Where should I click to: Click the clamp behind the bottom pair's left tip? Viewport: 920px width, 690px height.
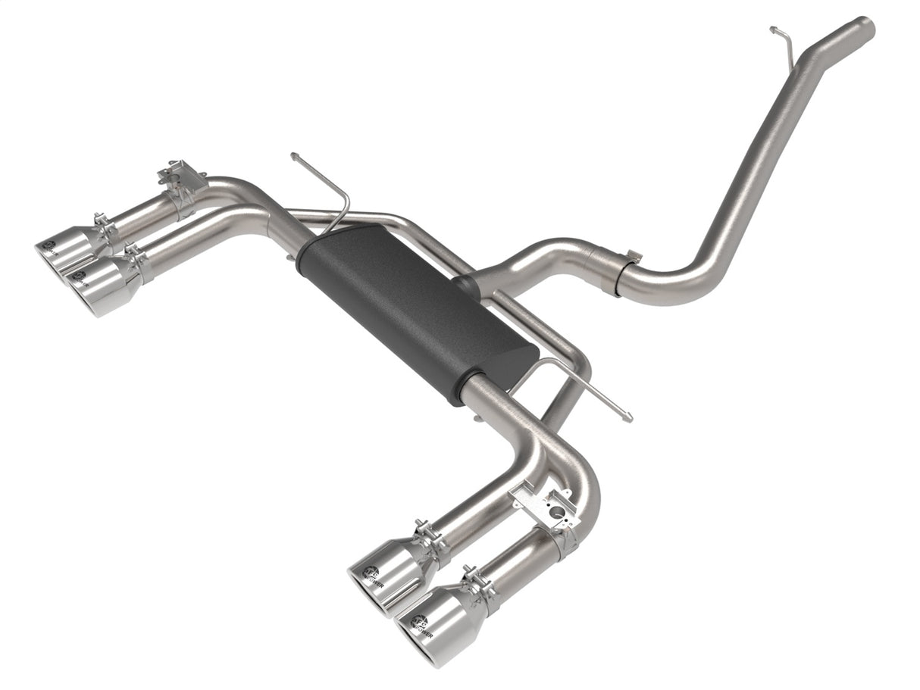429,539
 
